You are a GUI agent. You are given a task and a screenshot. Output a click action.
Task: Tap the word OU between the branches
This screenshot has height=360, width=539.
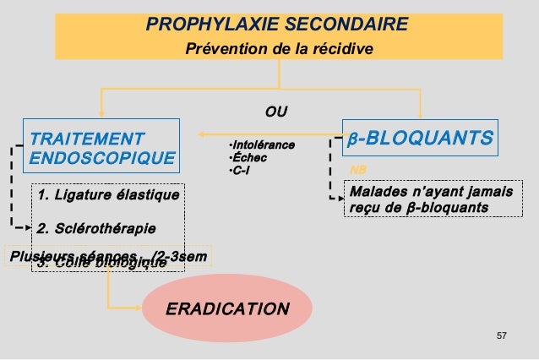(276, 111)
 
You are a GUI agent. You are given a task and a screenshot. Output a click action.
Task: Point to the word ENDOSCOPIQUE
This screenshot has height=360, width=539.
(102, 157)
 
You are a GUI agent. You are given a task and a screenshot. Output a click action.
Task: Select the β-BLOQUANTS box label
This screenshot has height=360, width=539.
(420, 137)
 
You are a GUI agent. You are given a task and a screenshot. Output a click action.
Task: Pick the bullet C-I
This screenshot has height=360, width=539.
(242, 172)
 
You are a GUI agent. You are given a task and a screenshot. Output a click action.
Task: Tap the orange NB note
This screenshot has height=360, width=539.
(357, 170)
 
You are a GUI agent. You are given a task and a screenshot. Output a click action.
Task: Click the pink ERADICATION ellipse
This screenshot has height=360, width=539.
(226, 308)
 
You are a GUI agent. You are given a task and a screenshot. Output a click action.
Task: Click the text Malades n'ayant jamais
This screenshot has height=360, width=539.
(431, 192)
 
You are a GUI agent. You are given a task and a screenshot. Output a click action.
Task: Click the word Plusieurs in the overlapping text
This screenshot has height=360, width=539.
(33, 255)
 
